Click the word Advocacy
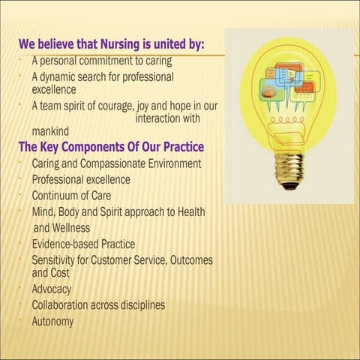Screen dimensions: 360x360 51,289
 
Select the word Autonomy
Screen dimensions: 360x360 52,322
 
